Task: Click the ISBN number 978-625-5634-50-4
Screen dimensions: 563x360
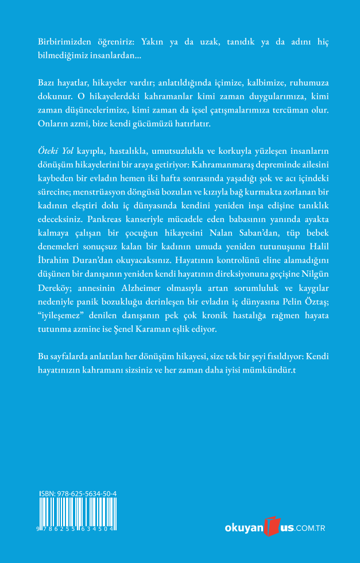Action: (79, 494)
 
